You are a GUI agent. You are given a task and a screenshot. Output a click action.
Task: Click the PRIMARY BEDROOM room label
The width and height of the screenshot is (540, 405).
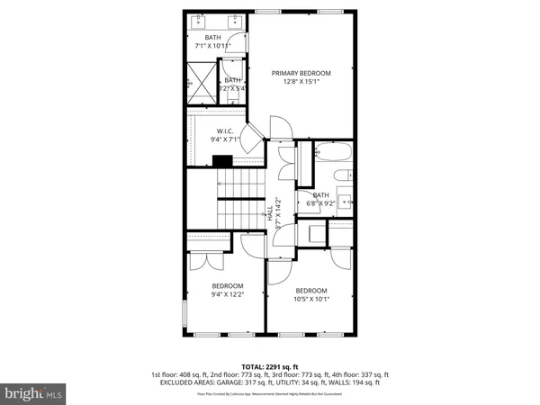coord(301,73)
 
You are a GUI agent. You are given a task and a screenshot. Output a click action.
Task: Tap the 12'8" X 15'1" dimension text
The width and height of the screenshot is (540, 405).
coord(301,82)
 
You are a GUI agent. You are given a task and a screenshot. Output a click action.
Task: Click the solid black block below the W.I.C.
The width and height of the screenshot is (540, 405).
coord(222,161)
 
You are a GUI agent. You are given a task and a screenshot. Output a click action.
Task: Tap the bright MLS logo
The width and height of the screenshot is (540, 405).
coord(33,393)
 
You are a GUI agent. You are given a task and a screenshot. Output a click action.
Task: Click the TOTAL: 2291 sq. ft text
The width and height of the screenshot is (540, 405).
coord(269,365)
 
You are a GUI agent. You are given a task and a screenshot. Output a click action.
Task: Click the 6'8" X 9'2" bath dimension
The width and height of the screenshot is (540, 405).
coord(321,204)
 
